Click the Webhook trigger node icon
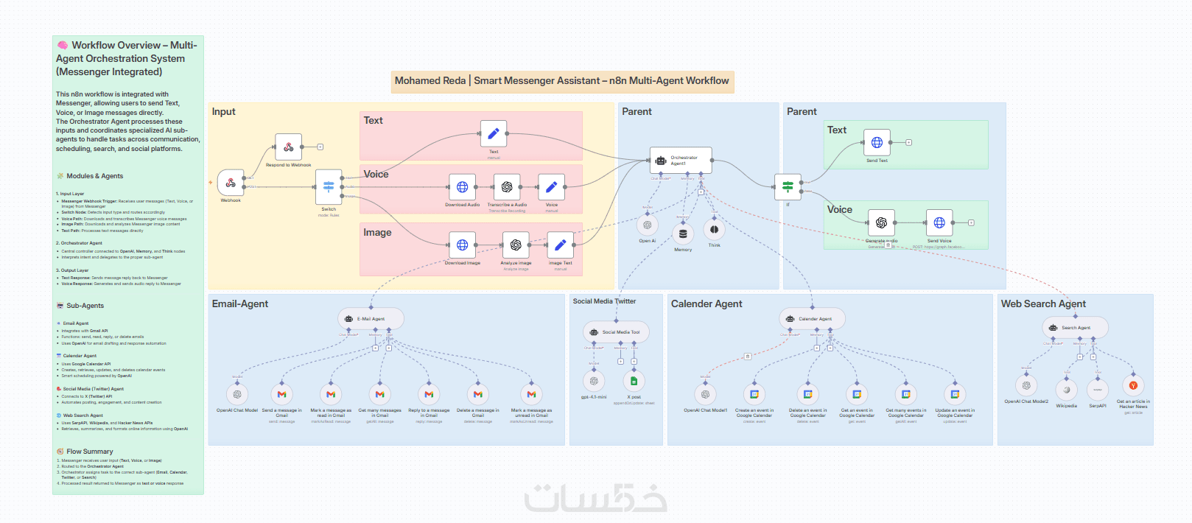(231, 183)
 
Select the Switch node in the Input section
(329, 187)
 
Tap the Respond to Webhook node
(288, 147)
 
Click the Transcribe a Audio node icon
(507, 187)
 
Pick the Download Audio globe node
(462, 187)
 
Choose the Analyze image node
(516, 245)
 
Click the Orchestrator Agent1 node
(681, 161)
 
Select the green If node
(788, 186)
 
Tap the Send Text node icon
(877, 143)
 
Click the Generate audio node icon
(881, 222)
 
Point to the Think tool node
(714, 230)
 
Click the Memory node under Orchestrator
(683, 234)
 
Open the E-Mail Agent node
(371, 319)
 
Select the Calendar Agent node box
(812, 319)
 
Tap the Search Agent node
(1075, 328)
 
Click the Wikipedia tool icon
(1066, 390)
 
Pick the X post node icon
(634, 381)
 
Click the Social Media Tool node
(616, 332)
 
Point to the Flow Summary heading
(89, 452)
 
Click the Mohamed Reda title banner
(562, 81)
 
